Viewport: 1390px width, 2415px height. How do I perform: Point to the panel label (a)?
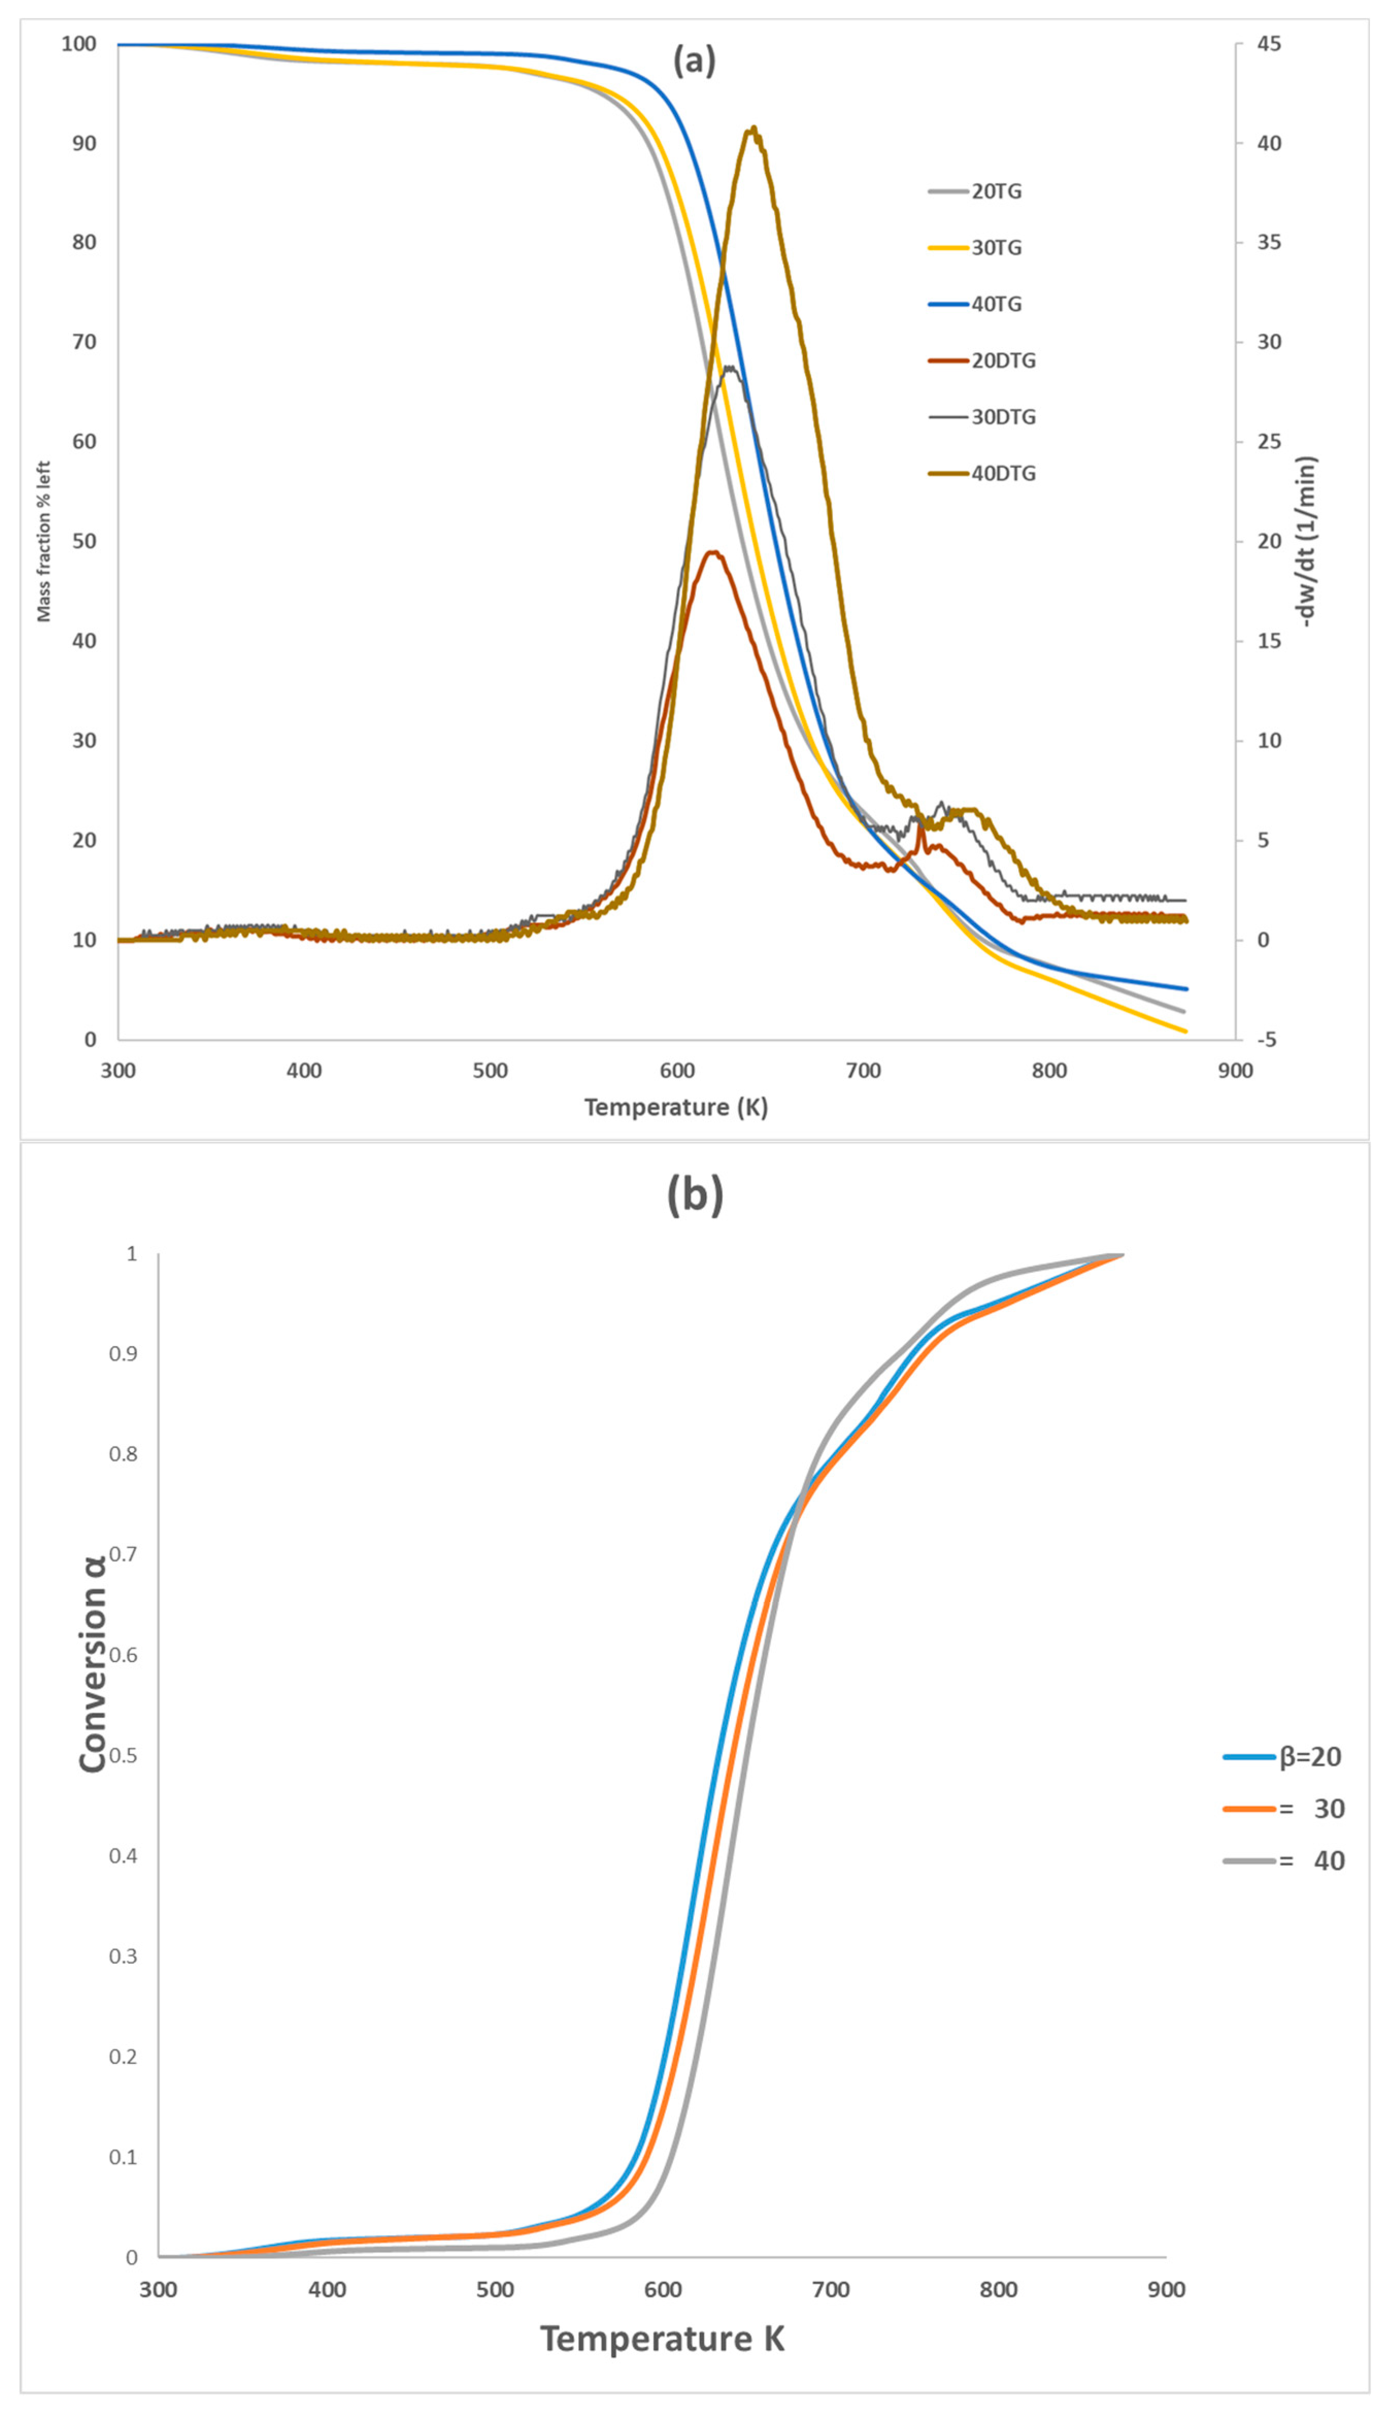tap(694, 61)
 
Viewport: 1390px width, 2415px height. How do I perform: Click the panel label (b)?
tap(694, 1195)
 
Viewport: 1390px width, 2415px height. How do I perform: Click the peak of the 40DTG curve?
tap(754, 128)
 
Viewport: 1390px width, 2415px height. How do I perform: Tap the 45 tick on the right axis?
tap(1269, 44)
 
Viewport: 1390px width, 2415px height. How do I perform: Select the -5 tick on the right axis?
tap(1266, 1040)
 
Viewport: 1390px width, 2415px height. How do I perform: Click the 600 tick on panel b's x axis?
tap(663, 2289)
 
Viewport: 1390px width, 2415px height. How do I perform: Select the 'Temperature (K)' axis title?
tap(676, 1108)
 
